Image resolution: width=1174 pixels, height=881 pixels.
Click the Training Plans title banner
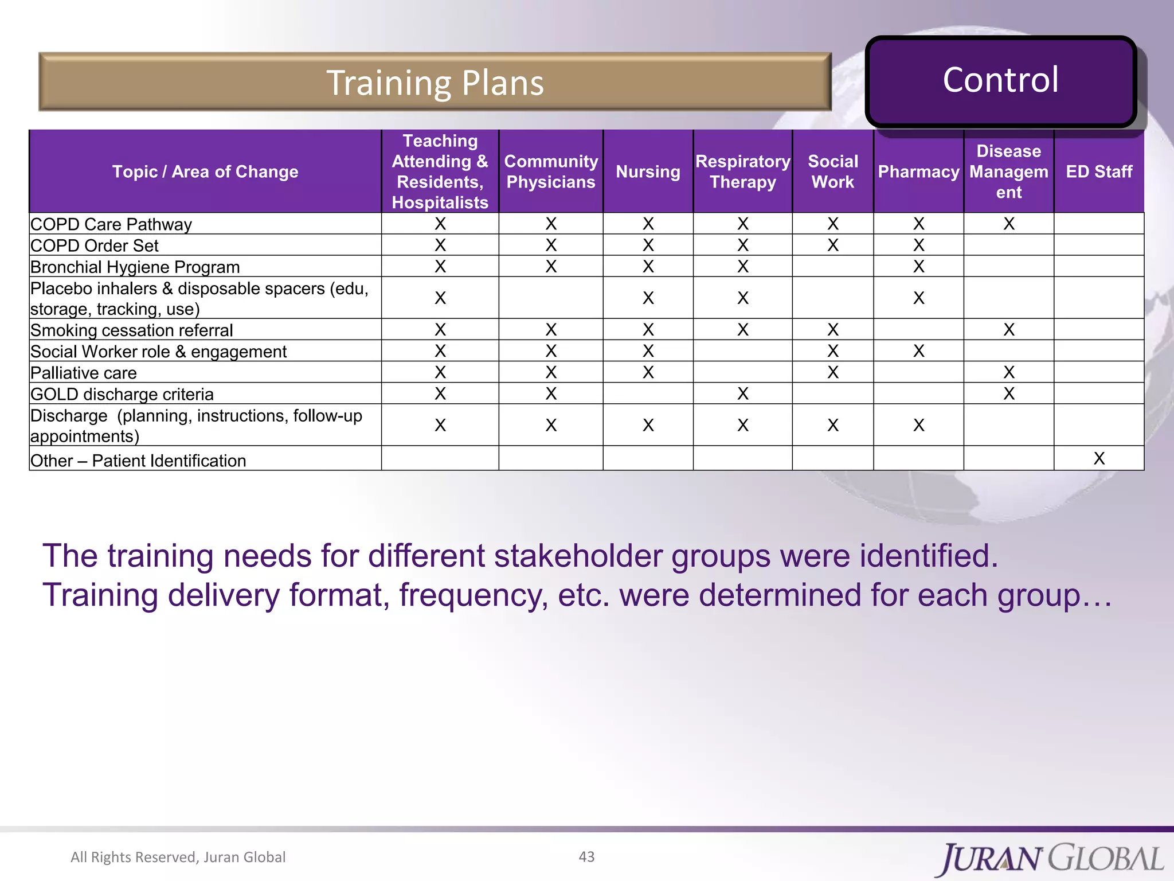[435, 82]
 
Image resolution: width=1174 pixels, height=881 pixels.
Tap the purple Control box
[1000, 80]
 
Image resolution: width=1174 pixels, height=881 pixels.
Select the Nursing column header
[648, 171]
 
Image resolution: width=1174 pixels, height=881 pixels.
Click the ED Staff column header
[1098, 171]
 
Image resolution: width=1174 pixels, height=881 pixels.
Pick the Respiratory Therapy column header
[742, 171]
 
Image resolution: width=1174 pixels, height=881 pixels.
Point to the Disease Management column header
[1008, 171]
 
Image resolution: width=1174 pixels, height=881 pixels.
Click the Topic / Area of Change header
[205, 171]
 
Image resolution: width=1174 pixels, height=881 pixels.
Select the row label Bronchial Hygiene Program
[135, 267]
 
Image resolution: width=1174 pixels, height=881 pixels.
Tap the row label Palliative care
[84, 373]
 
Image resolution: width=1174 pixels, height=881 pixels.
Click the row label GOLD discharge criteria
[122, 394]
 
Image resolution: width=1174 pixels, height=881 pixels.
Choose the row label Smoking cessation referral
[132, 330]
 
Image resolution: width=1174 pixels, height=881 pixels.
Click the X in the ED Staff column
[1098, 458]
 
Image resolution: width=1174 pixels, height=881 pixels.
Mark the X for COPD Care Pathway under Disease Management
[1008, 224]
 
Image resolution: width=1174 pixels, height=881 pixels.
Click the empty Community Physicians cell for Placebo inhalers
[550, 298]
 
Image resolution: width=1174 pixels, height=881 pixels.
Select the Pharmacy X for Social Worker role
[918, 351]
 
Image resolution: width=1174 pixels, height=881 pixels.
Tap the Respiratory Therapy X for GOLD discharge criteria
[742, 393]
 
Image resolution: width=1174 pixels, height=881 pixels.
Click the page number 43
[586, 856]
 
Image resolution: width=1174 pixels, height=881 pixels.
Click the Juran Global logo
[1051, 859]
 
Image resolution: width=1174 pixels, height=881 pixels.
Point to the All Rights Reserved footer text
[178, 857]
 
